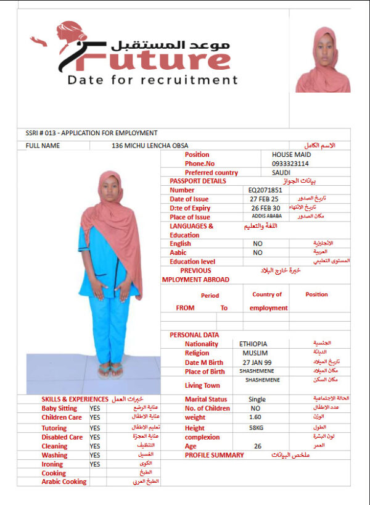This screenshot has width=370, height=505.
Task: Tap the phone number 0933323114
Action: pos(290,164)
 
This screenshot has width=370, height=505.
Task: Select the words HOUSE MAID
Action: pos(292,154)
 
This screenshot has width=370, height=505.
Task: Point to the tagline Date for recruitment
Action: pos(152,80)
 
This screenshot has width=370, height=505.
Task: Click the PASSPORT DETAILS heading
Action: pos(197,181)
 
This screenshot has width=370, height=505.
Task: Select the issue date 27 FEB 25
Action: pos(265,199)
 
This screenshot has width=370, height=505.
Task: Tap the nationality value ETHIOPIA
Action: pos(254,344)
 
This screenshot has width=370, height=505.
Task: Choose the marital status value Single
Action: pos(257,399)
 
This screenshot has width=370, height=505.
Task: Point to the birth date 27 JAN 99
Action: pos(257,362)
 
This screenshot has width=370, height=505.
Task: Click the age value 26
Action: pos(258,446)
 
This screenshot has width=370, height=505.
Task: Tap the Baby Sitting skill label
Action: pos(59,408)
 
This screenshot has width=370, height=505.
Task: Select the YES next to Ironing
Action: pos(94,464)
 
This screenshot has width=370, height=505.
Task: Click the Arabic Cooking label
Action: pos(64,482)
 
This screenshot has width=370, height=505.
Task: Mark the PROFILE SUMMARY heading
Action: pos(214,455)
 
